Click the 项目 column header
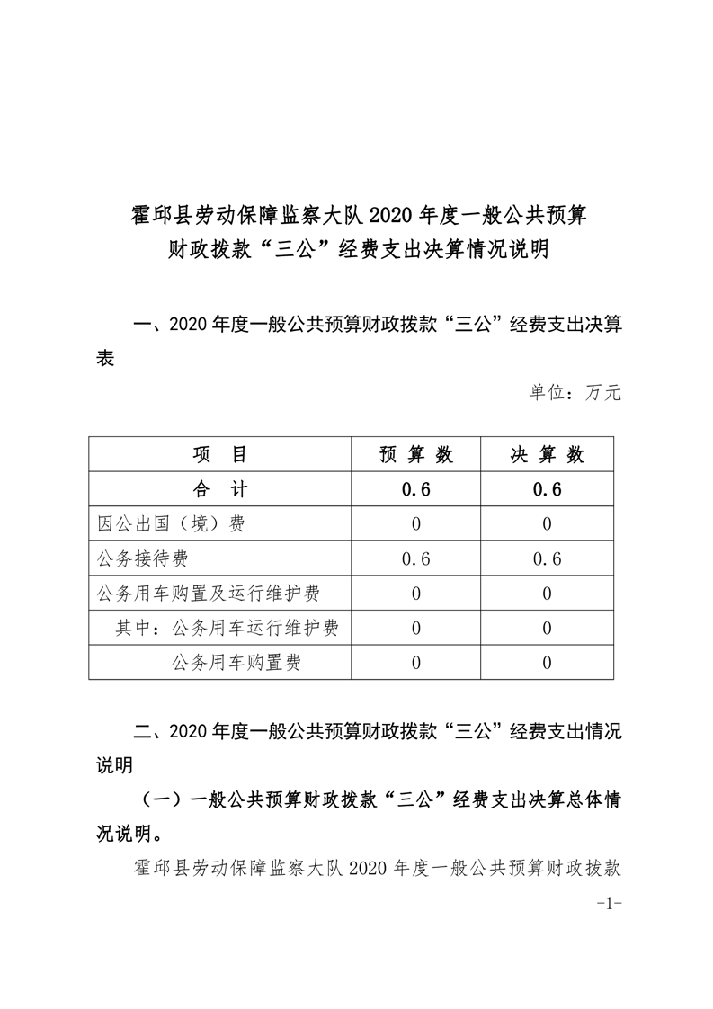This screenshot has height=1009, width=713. [219, 455]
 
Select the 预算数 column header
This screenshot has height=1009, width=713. [416, 455]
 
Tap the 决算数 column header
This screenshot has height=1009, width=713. [547, 455]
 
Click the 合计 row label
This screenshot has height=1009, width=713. [219, 490]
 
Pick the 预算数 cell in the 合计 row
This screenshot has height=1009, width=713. [416, 490]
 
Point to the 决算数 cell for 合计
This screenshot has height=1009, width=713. [547, 490]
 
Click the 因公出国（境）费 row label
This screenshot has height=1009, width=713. [170, 524]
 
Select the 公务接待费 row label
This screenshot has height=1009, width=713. [142, 559]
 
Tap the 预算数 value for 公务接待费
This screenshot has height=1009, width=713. [416, 559]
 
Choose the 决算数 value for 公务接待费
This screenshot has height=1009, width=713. [547, 559]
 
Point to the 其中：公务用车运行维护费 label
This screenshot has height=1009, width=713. [227, 629]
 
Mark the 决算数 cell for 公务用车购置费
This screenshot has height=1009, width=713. [547, 664]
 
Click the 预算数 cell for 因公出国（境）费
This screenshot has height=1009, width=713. [416, 524]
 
